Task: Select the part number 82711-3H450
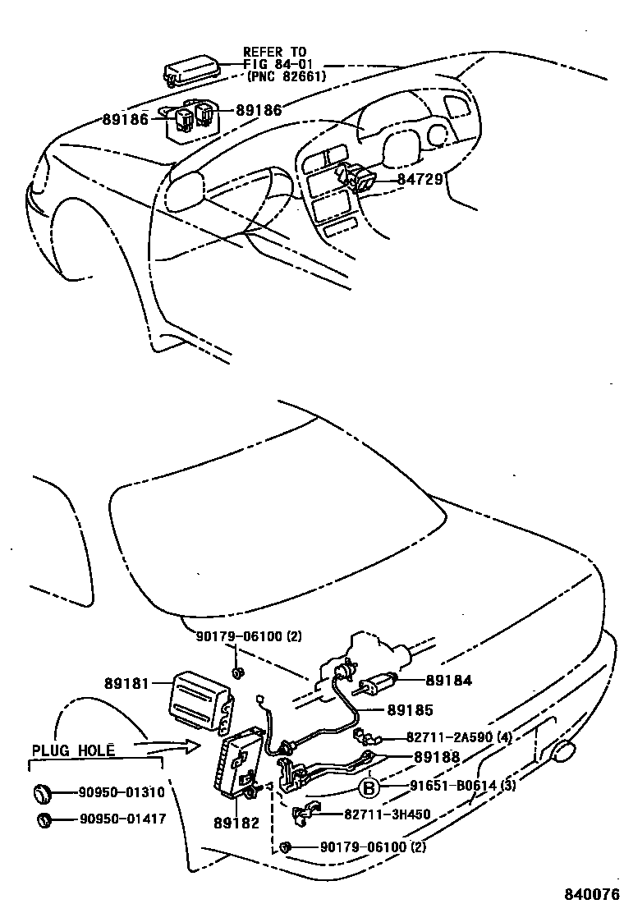pyautogui.click(x=388, y=814)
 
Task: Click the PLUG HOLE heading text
pyautogui.click(x=72, y=750)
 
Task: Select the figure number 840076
pyautogui.click(x=590, y=892)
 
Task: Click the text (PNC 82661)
pyautogui.click(x=287, y=76)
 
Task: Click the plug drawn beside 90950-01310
pyautogui.click(x=42, y=792)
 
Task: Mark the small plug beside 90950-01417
pyautogui.click(x=45, y=819)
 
